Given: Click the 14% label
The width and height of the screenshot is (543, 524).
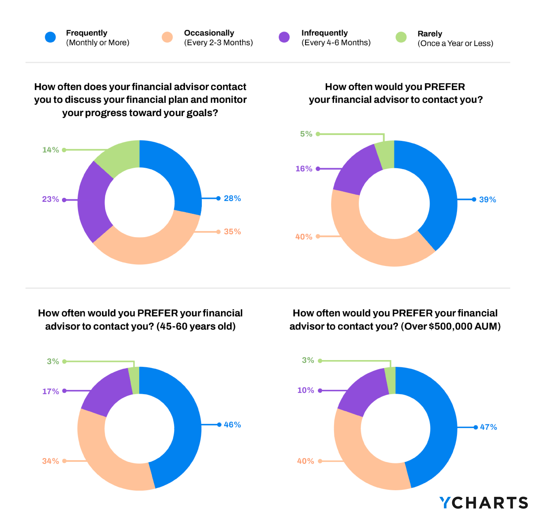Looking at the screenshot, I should click(50, 150).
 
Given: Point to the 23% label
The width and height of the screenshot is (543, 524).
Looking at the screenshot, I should click(50, 199).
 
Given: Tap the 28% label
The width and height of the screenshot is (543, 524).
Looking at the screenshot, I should click(232, 198).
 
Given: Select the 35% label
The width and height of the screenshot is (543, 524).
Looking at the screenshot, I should click(232, 232).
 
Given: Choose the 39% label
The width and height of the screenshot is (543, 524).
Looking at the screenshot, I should click(488, 199).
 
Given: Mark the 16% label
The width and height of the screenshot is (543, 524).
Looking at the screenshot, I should click(304, 169).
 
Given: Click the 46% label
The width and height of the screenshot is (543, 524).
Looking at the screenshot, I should click(232, 425).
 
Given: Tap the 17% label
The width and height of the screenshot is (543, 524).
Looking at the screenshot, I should click(50, 392).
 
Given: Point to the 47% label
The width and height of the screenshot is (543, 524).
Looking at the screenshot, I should click(488, 427).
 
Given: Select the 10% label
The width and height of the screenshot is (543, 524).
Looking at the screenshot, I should click(306, 390).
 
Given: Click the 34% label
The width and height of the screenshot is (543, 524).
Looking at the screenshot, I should click(50, 461).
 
